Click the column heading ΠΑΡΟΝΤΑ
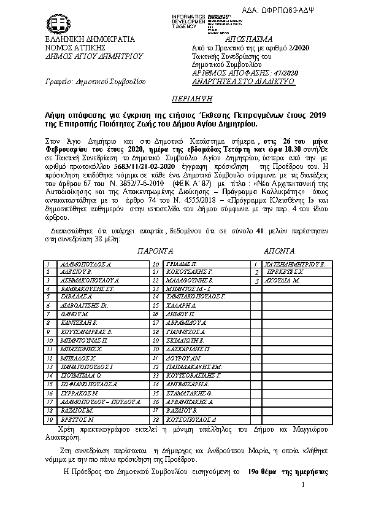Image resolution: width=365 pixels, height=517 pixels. (x=155, y=252)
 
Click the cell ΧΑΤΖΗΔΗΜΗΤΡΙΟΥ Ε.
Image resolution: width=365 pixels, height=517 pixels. (x=289, y=263)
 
